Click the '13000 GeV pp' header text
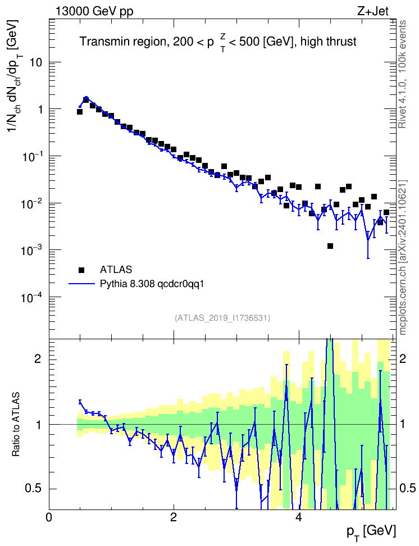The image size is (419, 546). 94,11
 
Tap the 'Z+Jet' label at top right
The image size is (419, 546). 373,11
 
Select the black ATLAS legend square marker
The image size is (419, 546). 81,270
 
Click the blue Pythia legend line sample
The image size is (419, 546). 81,284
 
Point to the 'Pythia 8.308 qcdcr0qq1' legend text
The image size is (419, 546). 152,284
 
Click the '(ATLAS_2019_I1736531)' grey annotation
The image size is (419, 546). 222,317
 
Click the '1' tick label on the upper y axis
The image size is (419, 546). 39,110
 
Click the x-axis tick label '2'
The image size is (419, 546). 174,517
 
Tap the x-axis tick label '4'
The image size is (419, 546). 298,517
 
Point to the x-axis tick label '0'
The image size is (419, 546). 49,517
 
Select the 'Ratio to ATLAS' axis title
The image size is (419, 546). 16,425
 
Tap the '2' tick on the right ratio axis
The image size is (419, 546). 403,358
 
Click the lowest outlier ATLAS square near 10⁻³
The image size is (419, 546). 330,246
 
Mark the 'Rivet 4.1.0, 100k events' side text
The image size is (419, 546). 402,74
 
